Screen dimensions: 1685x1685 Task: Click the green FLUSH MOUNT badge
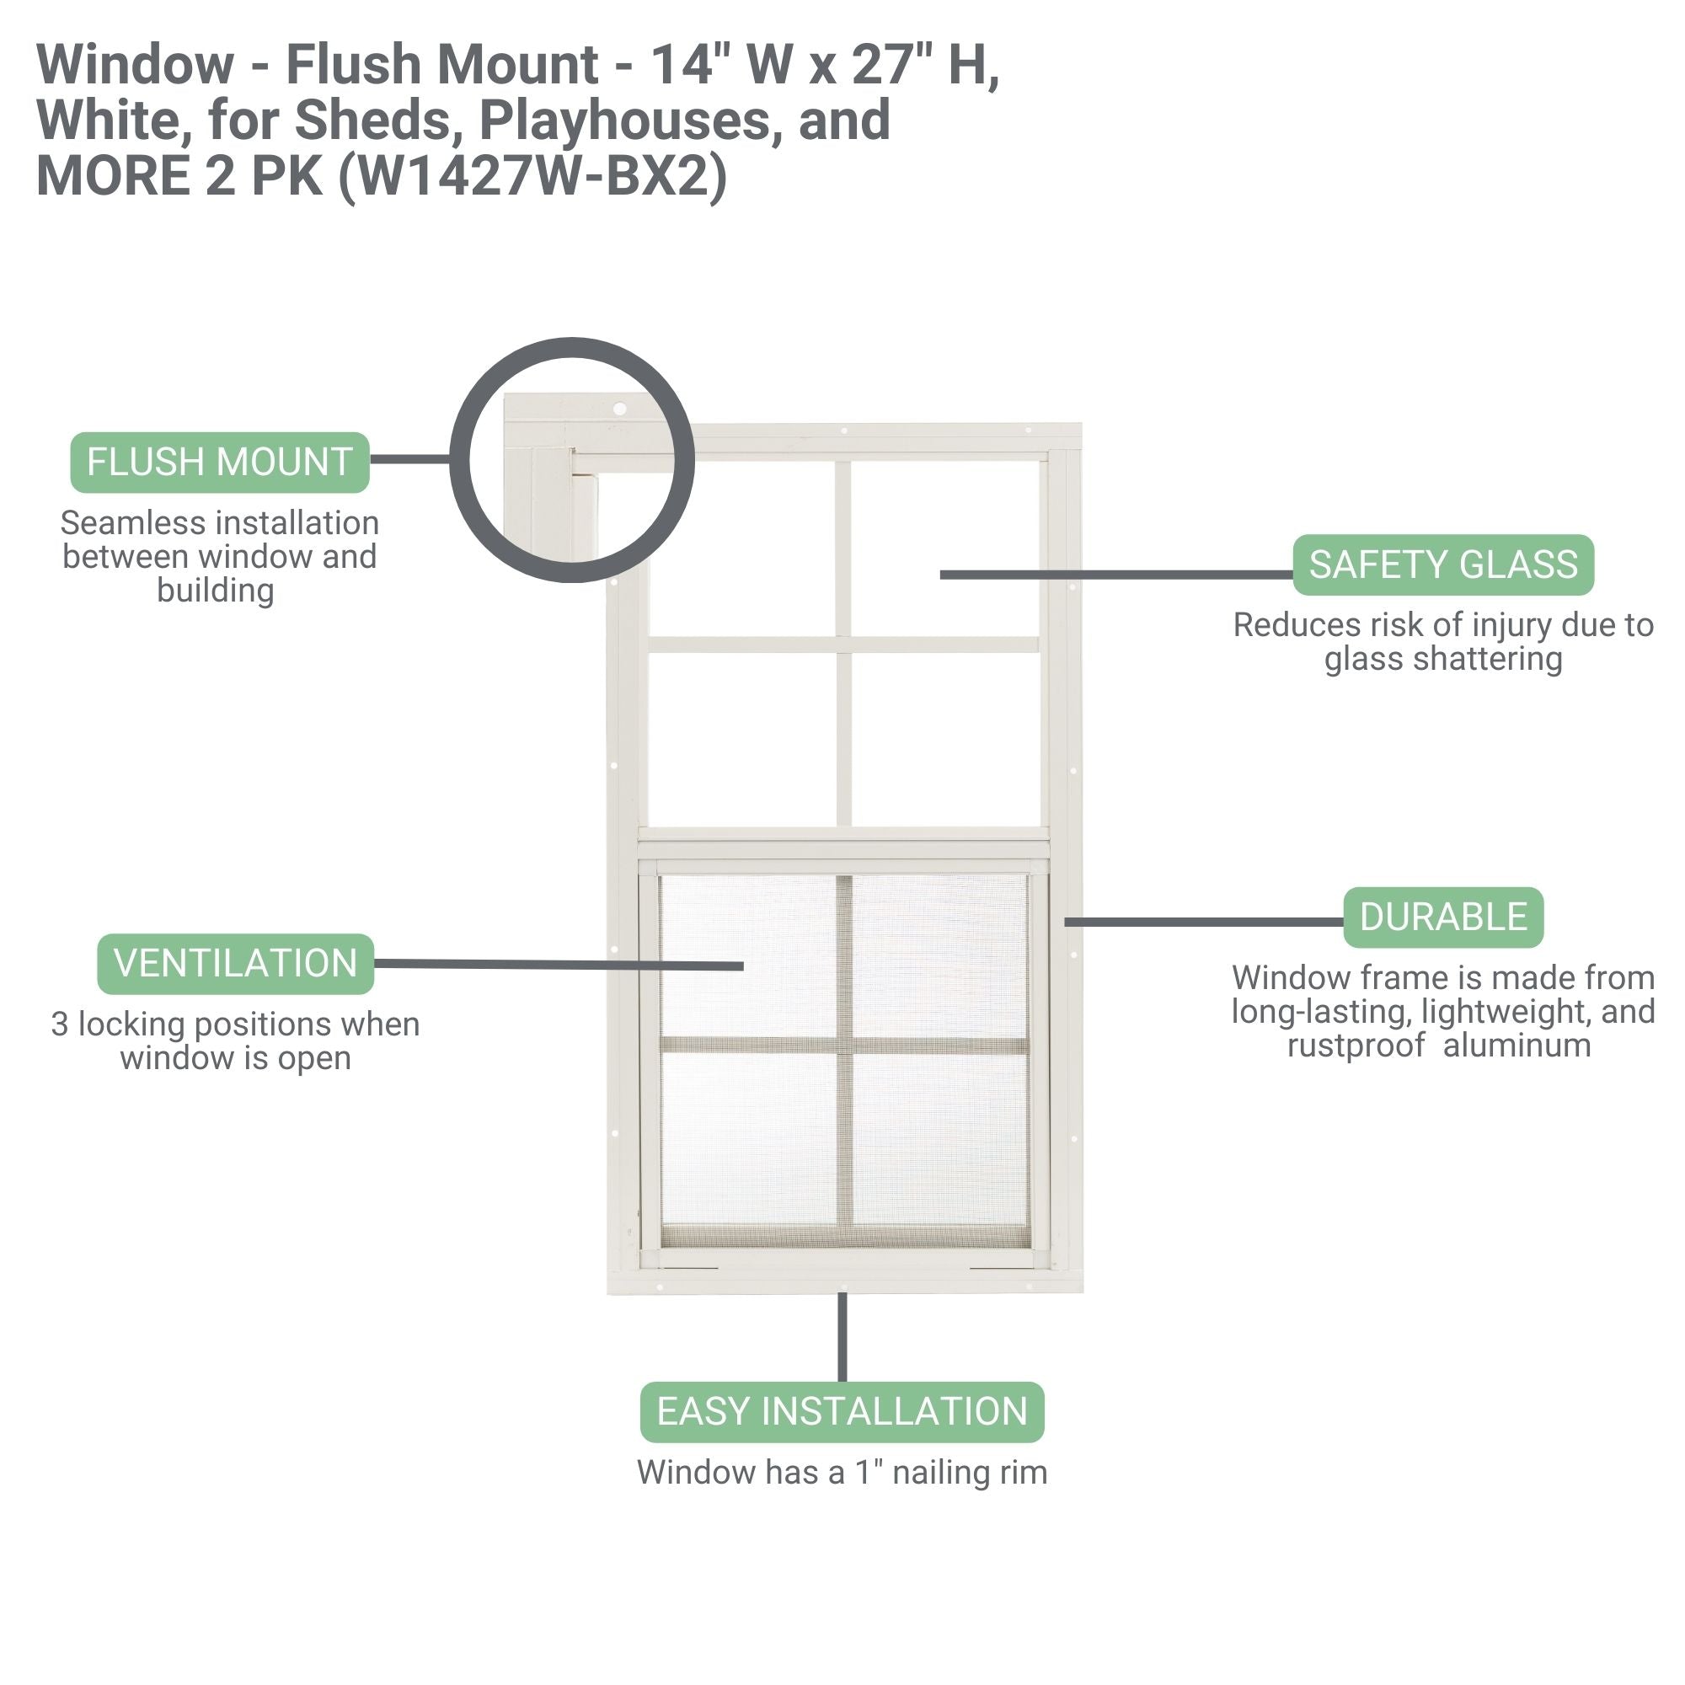tap(220, 463)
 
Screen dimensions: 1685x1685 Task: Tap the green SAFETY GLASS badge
tap(1442, 565)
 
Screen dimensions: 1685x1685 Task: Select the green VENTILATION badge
tap(236, 964)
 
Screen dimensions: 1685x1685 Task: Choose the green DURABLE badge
tap(1442, 917)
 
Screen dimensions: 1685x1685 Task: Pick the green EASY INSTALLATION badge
tap(842, 1412)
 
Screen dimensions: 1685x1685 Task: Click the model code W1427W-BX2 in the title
tap(532, 176)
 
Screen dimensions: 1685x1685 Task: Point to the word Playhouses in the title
tap(624, 120)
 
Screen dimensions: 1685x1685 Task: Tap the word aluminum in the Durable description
tap(1516, 1045)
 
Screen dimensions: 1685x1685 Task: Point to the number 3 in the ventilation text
tap(59, 1024)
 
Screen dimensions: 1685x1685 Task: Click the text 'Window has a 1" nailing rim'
tap(842, 1472)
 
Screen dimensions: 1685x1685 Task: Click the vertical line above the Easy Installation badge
tap(842, 1336)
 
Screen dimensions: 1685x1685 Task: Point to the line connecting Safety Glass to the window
tap(1116, 575)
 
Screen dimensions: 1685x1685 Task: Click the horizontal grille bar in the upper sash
tap(843, 645)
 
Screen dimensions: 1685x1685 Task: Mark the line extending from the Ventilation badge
tap(559, 965)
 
